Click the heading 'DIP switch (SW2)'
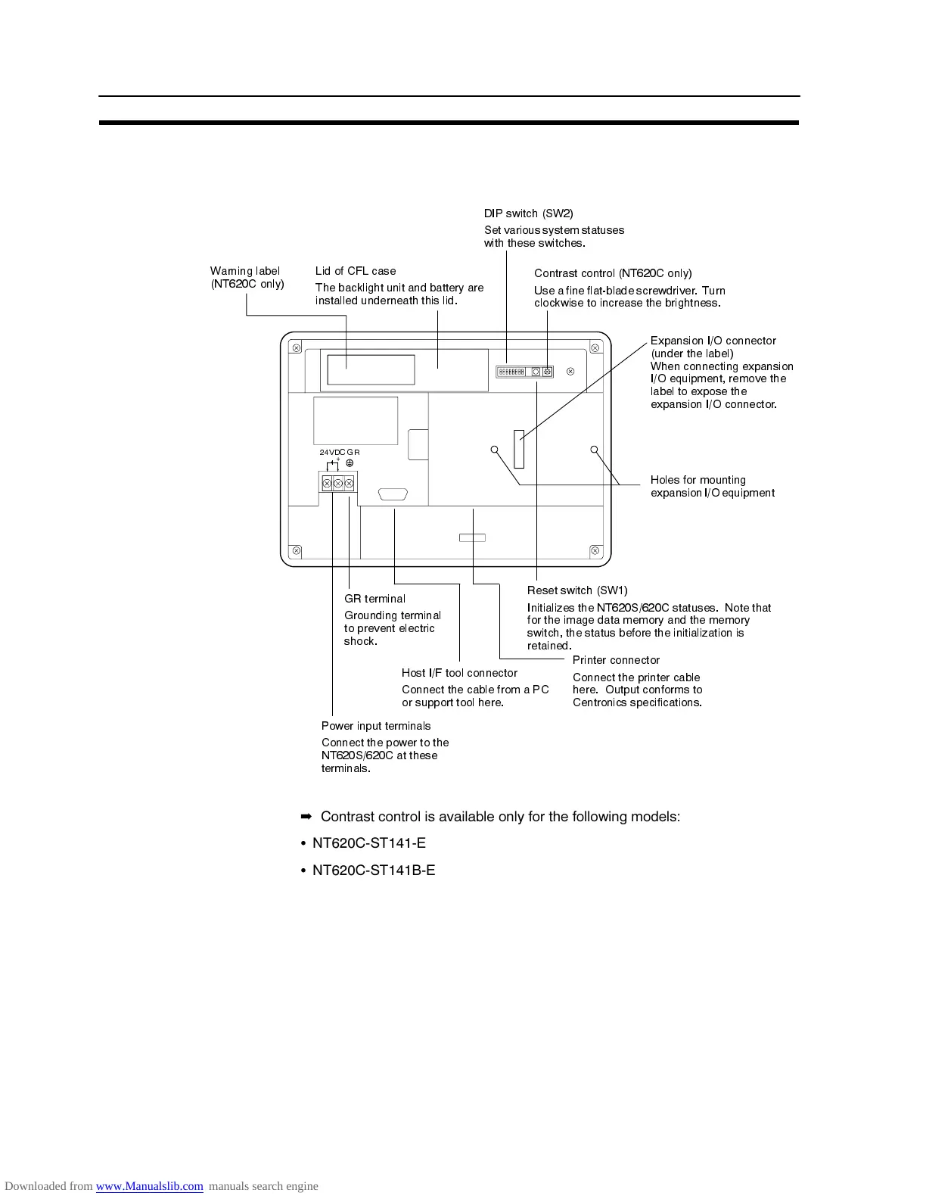click(x=528, y=213)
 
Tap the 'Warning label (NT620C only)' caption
click(x=247, y=277)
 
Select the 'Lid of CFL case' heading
click(x=356, y=271)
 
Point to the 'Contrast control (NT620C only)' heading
click(x=613, y=273)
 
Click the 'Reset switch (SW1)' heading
click(x=577, y=590)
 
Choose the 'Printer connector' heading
click(x=616, y=660)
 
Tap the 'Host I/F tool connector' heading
click(x=459, y=673)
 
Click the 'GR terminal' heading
click(x=374, y=599)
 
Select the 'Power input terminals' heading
click(x=376, y=726)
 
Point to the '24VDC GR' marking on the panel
click(x=340, y=453)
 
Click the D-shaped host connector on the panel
click(x=393, y=495)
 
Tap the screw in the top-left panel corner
click(x=297, y=348)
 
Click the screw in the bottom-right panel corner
click(x=595, y=550)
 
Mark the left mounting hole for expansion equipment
click(x=495, y=450)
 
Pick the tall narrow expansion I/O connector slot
click(x=518, y=449)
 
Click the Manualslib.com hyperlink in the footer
click(x=149, y=1186)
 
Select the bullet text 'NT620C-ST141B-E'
click(x=374, y=870)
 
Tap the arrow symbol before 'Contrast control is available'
click(x=306, y=817)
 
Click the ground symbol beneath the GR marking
click(x=350, y=463)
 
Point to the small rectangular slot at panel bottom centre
click(x=472, y=537)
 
